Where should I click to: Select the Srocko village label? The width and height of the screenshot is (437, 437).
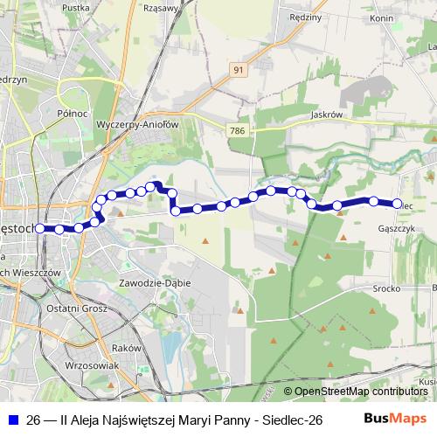point(386,288)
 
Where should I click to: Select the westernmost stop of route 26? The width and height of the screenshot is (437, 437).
point(40,229)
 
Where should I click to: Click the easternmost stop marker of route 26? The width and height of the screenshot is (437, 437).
point(396,205)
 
